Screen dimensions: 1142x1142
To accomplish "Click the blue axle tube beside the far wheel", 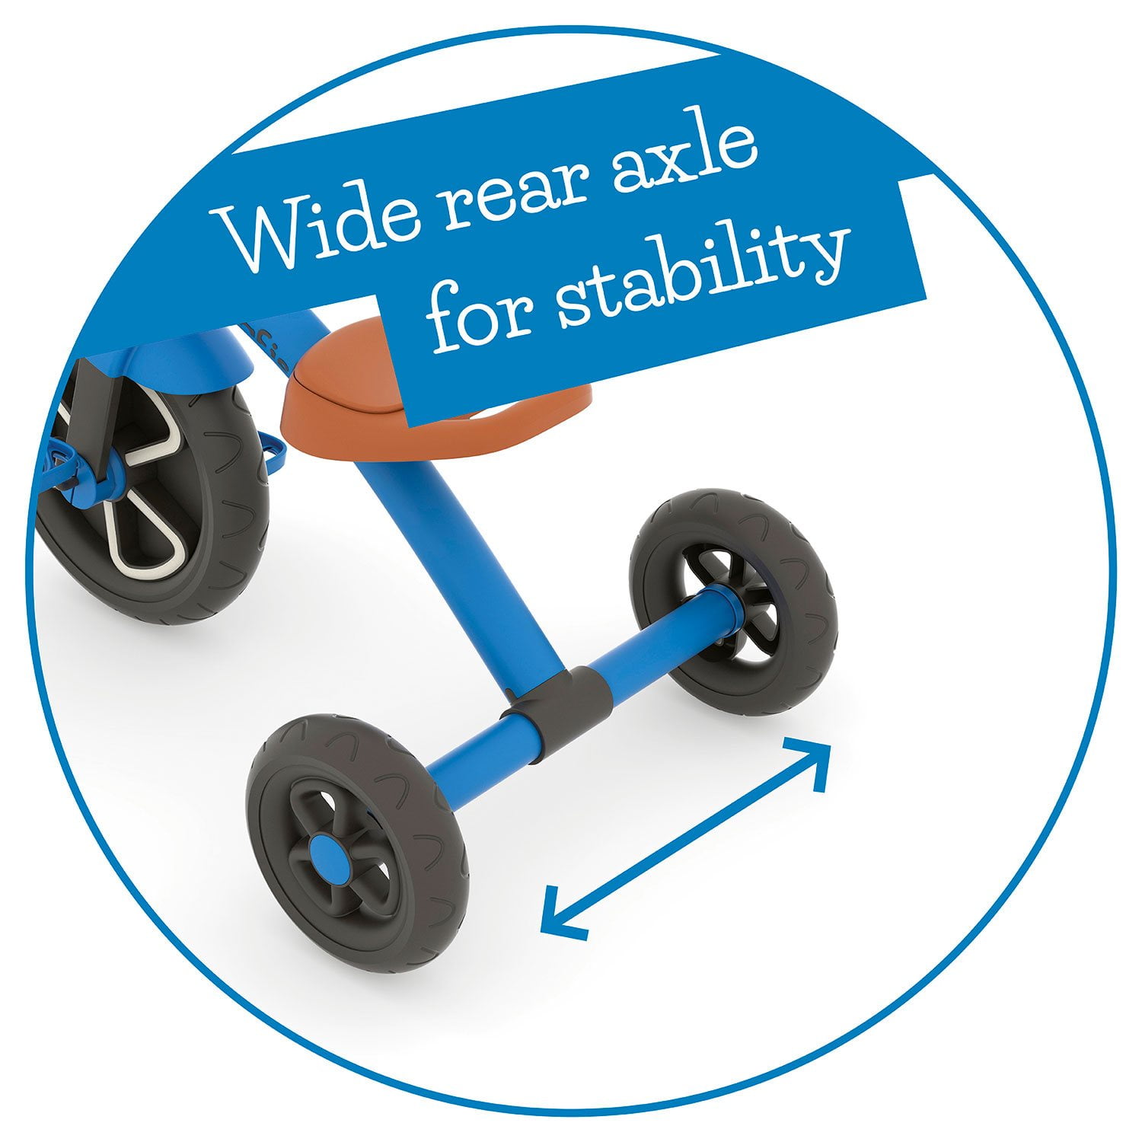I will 655,640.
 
